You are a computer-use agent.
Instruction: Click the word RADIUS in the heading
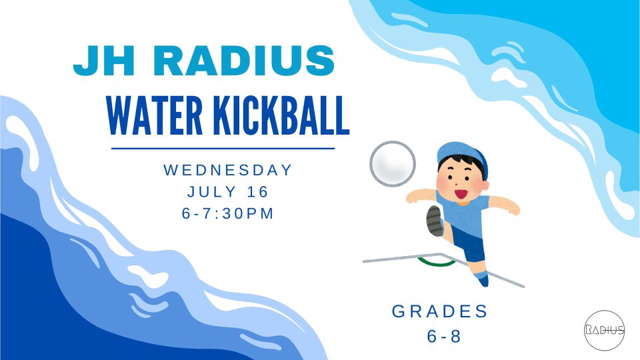pos(244,61)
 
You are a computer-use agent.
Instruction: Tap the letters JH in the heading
pos(104,61)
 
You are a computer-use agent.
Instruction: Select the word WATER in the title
pos(155,115)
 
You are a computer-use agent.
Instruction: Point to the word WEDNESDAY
pos(228,170)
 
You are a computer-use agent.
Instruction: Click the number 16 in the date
pos(258,191)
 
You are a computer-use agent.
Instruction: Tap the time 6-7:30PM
pos(228,213)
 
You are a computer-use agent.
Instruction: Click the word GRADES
pos(439,311)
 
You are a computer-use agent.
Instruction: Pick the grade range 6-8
pos(444,336)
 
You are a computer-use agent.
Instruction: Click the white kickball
pos(393,164)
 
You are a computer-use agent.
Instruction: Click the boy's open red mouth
pos(461,194)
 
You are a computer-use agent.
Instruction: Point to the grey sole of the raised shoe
pos(434,221)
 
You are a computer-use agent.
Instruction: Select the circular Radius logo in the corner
pos(605,330)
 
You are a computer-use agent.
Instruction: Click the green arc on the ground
pos(436,263)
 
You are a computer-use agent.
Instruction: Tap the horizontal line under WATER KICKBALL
pos(223,149)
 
